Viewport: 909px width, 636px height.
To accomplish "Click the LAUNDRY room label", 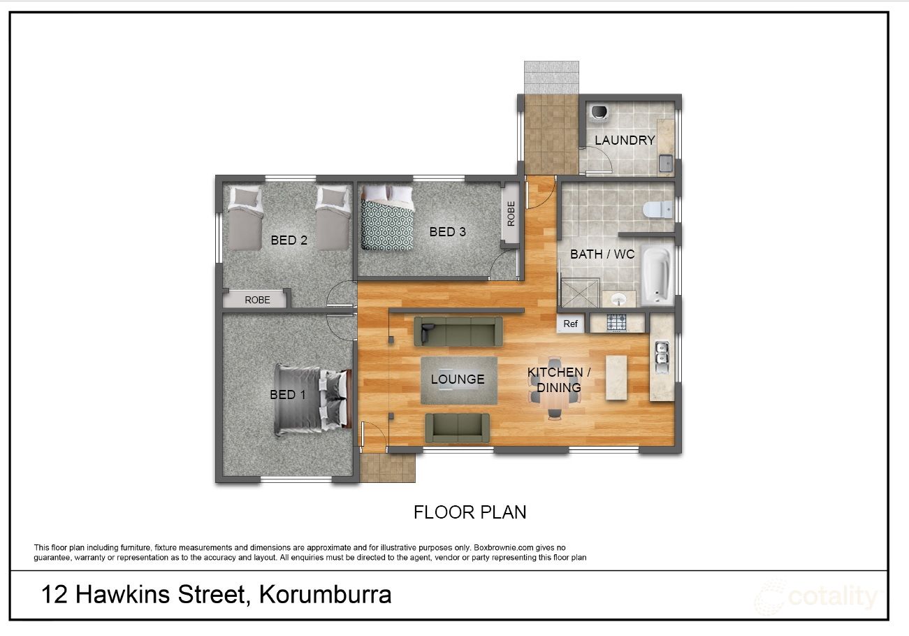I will [625, 140].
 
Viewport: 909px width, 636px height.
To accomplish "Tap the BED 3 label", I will [447, 231].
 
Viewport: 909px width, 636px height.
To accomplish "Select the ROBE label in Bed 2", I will [257, 299].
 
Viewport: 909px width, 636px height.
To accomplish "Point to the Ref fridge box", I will [570, 324].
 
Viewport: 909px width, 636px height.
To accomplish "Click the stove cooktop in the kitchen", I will [616, 323].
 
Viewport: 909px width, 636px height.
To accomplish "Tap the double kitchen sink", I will [661, 356].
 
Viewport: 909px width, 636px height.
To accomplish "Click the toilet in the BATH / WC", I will [657, 208].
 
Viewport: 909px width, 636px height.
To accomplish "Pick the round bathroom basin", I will [618, 300].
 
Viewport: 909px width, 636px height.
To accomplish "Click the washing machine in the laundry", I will [599, 112].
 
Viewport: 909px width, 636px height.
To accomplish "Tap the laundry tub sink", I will [665, 165].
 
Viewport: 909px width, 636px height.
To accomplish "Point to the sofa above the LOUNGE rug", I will [458, 331].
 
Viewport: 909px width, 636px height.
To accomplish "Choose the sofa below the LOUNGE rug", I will [458, 427].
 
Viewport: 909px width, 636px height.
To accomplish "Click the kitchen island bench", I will [616, 377].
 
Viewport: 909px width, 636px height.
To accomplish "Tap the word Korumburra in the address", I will [325, 595].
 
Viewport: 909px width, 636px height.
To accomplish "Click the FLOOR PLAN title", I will [470, 512].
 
